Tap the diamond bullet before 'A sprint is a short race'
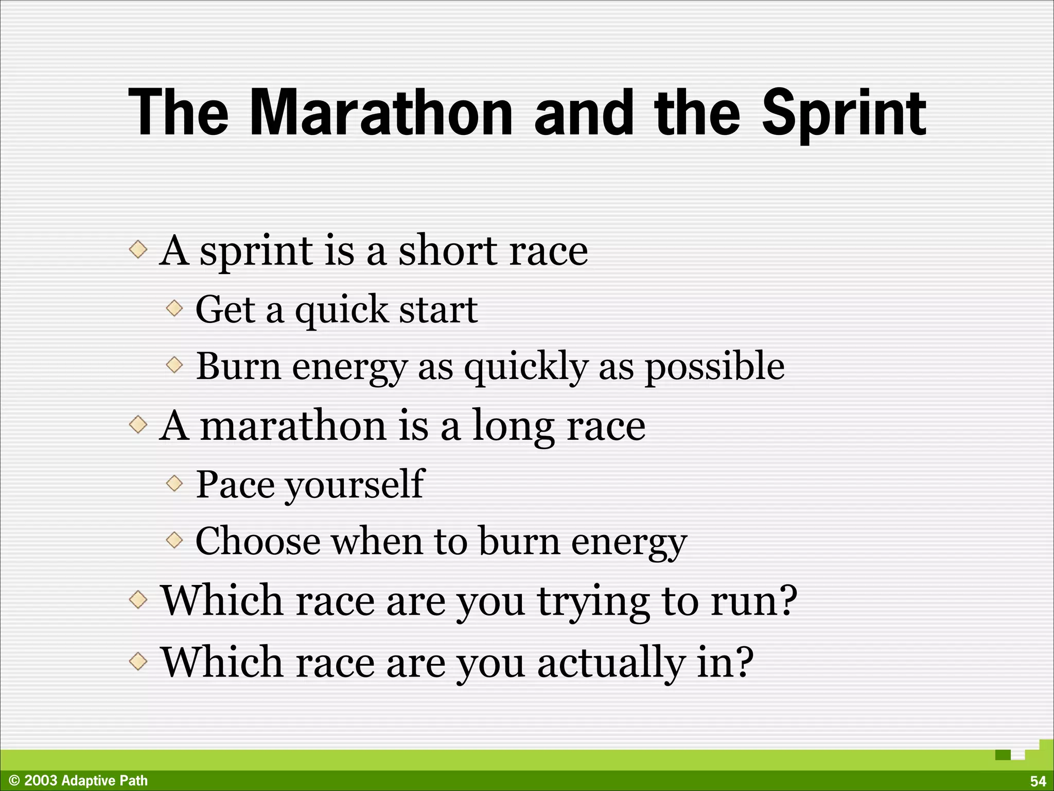pos(138,250)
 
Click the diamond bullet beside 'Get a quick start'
pos(174,309)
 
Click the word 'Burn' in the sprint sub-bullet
pos(238,366)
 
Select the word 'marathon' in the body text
pos(293,426)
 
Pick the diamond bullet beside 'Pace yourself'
pos(174,483)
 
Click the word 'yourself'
pos(355,485)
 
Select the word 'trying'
pos(593,602)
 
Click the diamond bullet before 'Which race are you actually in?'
pos(138,661)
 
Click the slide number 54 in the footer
pos(1038,781)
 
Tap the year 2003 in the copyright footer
pos(41,781)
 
